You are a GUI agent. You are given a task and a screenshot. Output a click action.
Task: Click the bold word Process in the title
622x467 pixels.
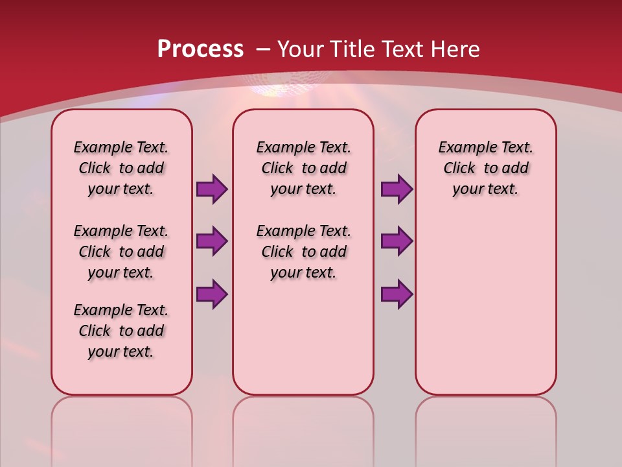(x=200, y=49)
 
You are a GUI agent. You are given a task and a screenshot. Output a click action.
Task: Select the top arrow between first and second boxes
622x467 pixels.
(x=212, y=189)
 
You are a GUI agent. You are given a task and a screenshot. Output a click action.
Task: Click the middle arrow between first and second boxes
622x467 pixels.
(x=212, y=242)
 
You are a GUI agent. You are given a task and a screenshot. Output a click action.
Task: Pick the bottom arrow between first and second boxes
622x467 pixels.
(x=212, y=294)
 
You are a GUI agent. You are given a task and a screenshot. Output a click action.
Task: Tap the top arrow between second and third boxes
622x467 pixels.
(x=397, y=189)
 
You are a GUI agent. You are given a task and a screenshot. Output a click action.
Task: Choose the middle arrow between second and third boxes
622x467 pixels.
(x=397, y=242)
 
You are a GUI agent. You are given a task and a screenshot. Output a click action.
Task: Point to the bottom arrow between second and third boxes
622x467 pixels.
(x=397, y=294)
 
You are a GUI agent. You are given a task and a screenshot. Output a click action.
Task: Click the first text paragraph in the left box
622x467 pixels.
(x=121, y=168)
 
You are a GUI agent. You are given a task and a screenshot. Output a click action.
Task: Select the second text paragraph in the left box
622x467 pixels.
(x=121, y=252)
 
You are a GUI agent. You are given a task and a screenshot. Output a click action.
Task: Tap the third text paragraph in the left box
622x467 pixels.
(x=121, y=331)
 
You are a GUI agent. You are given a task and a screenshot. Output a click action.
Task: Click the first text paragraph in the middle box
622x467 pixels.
(x=303, y=168)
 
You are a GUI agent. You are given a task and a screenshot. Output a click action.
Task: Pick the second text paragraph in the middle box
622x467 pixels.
(x=303, y=252)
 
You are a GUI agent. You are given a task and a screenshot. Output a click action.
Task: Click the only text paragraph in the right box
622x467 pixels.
(x=485, y=168)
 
